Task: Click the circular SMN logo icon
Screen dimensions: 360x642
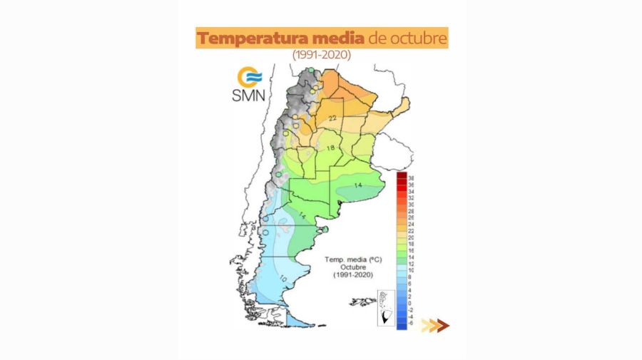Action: pyautogui.click(x=250, y=76)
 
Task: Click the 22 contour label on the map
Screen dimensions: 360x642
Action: pyautogui.click(x=332, y=118)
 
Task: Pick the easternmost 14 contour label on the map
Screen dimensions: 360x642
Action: pyautogui.click(x=358, y=185)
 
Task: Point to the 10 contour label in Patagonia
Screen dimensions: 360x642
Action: pyautogui.click(x=283, y=278)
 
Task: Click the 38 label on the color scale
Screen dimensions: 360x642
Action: pyautogui.click(x=411, y=178)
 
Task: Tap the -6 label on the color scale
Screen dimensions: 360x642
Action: pyautogui.click(x=411, y=323)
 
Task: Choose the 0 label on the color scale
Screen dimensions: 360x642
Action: pyautogui.click(x=411, y=303)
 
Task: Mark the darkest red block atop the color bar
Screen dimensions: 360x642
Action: pyautogui.click(x=402, y=176)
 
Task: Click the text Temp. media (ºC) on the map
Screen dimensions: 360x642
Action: pyautogui.click(x=350, y=259)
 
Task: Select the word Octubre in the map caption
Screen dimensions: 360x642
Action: pyautogui.click(x=350, y=267)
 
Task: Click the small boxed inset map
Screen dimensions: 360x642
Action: pyautogui.click(x=385, y=308)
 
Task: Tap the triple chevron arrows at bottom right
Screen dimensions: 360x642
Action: pyautogui.click(x=435, y=326)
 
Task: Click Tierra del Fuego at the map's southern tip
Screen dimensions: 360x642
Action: pyautogui.click(x=300, y=319)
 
